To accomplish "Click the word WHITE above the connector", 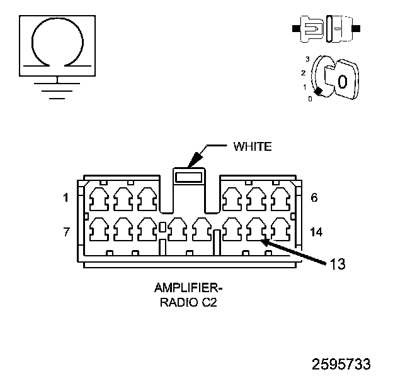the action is coord(253,146).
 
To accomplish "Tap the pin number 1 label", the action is coord(65,198).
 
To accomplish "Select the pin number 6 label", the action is coord(314,197).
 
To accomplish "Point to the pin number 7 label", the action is coord(66,232).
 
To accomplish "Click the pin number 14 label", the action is coord(316,232).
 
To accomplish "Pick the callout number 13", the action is coord(338,264).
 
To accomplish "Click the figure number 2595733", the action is coord(341,364).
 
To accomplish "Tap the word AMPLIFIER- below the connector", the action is coord(188,288).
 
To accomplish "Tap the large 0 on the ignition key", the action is coord(343,82).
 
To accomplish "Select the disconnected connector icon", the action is coord(326,29).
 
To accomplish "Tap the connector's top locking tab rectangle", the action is coord(189,177).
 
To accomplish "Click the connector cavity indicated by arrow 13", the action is coord(256,229).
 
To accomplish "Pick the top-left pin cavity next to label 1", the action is coord(100,199).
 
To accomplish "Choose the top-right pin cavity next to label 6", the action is coord(281,199).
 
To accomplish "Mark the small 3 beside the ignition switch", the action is coord(307,59).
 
